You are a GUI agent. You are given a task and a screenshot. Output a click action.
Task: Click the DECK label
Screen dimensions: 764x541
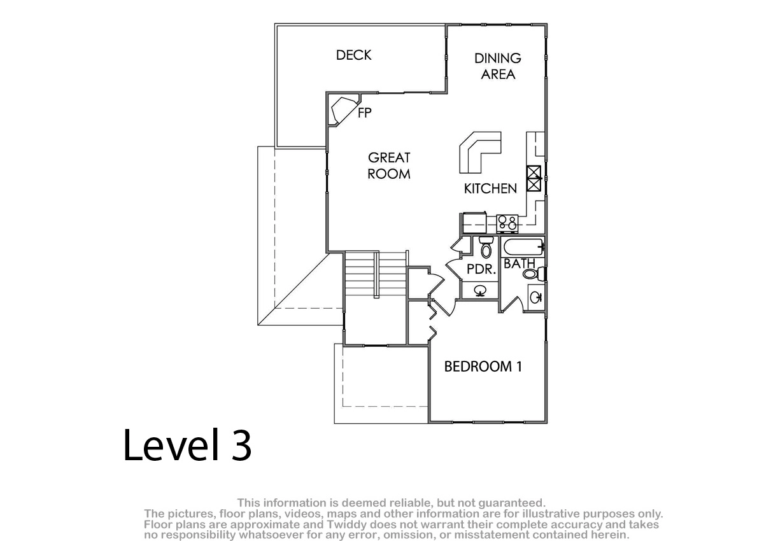click(x=353, y=55)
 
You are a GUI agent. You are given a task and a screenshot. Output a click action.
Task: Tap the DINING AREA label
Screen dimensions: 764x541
click(x=498, y=66)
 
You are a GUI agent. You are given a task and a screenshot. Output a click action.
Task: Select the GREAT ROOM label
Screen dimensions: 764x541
click(x=389, y=165)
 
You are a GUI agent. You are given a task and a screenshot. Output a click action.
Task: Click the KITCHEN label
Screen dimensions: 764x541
click(x=490, y=188)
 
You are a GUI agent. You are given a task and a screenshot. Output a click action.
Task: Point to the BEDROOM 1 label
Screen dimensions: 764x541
click(x=483, y=367)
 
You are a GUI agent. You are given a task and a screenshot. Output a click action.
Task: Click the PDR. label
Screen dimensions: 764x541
click(x=481, y=269)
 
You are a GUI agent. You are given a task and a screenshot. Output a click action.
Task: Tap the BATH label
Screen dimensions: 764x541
click(x=519, y=263)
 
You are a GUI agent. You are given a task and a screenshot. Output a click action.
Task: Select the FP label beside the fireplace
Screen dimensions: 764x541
click(x=365, y=113)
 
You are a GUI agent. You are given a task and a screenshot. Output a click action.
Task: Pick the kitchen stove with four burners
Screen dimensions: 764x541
click(x=507, y=223)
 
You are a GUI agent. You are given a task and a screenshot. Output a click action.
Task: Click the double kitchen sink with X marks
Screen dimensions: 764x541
click(x=534, y=178)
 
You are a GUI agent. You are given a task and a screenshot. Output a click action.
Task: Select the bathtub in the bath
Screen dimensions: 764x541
click(x=523, y=247)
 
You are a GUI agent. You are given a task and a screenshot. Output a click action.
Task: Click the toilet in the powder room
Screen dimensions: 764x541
click(x=486, y=247)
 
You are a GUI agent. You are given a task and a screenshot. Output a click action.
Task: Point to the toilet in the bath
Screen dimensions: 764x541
click(x=535, y=274)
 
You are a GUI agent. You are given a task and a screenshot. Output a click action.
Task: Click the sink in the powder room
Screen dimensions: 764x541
click(x=481, y=291)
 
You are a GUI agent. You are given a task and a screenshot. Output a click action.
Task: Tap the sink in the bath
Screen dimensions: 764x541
click(x=535, y=298)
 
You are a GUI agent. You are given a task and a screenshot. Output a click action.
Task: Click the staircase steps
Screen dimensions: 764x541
click(x=376, y=274)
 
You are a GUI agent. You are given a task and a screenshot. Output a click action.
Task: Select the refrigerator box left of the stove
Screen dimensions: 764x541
click(x=474, y=223)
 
